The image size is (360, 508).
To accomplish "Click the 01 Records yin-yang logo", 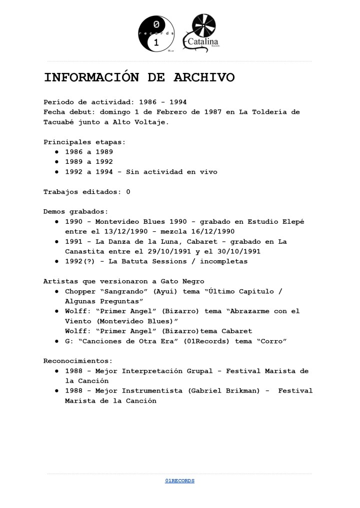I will coord(156,33).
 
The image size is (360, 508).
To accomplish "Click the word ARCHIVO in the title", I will coord(204,78).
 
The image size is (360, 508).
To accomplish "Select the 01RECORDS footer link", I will coord(179,481).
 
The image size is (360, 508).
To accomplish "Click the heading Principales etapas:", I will coord(84,142).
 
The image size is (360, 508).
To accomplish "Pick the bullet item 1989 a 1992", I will coord(89,162).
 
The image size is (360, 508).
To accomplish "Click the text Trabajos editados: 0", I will coord(86,192).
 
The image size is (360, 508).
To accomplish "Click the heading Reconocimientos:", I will coord(78,361).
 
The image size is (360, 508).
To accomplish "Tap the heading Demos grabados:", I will coord(75,211).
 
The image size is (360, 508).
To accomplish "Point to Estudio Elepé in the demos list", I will coord(276,221).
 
